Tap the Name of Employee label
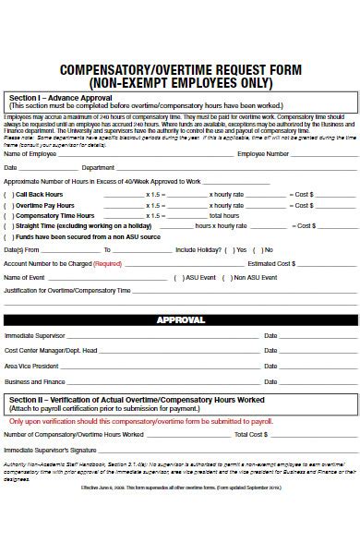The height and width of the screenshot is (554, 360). pyautogui.click(x=30, y=154)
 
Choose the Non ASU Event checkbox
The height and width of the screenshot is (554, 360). pyautogui.click(x=228, y=277)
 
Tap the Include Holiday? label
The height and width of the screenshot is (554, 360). pyautogui.click(x=198, y=249)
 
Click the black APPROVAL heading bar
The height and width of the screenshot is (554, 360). pyautogui.click(x=179, y=319)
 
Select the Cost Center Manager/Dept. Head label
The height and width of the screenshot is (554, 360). pyautogui.click(x=51, y=351)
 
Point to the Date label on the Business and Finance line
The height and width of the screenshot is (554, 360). pyautogui.click(x=270, y=381)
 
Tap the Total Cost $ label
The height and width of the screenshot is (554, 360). pyautogui.click(x=250, y=433)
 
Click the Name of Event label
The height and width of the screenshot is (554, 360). pyautogui.click(x=24, y=277)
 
